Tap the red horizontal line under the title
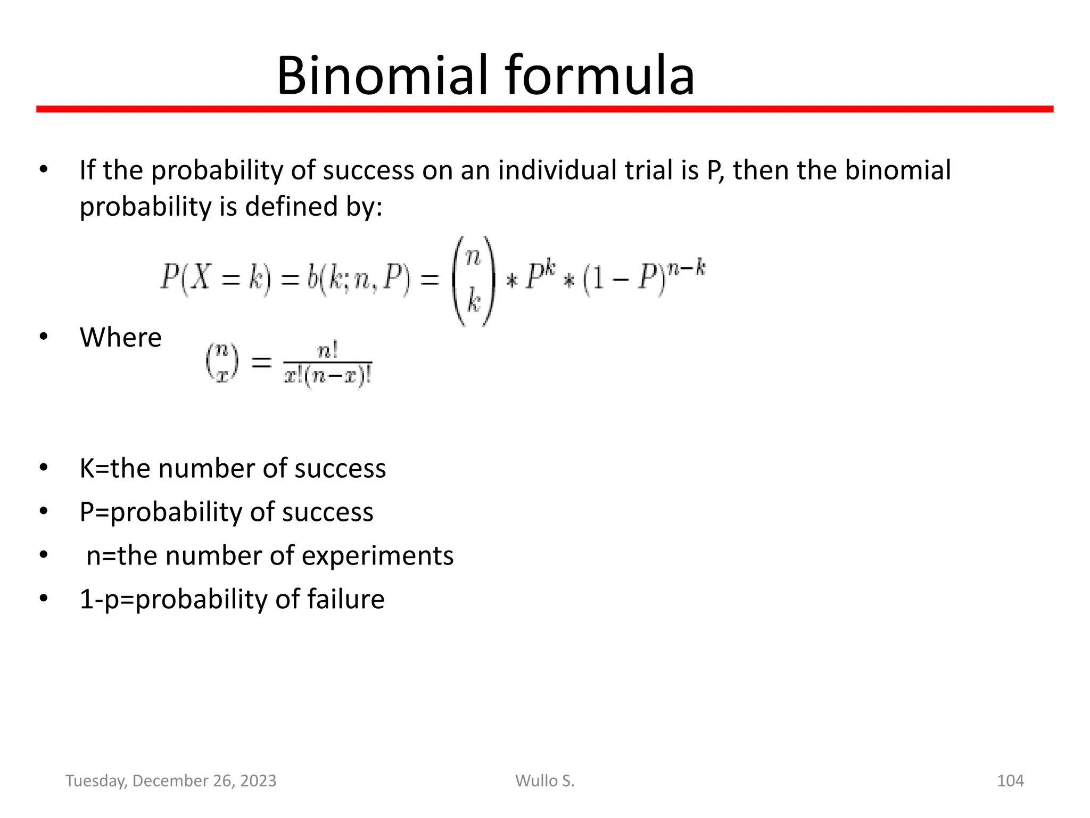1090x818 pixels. pyautogui.click(x=544, y=109)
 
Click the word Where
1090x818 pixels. pyautogui.click(x=120, y=337)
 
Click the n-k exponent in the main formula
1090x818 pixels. pyautogui.click(x=688, y=268)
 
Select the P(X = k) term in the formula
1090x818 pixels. pyautogui.click(x=216, y=279)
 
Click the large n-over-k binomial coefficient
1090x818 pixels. pyautogui.click(x=473, y=281)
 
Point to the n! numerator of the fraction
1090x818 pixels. pyautogui.click(x=327, y=351)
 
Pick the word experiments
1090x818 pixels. pyautogui.click(x=377, y=556)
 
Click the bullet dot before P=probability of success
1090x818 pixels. pyautogui.click(x=43, y=512)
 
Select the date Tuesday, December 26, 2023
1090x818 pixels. pyautogui.click(x=171, y=781)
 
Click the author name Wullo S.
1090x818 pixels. pyautogui.click(x=544, y=781)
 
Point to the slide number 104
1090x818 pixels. pyautogui.click(x=1010, y=781)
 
